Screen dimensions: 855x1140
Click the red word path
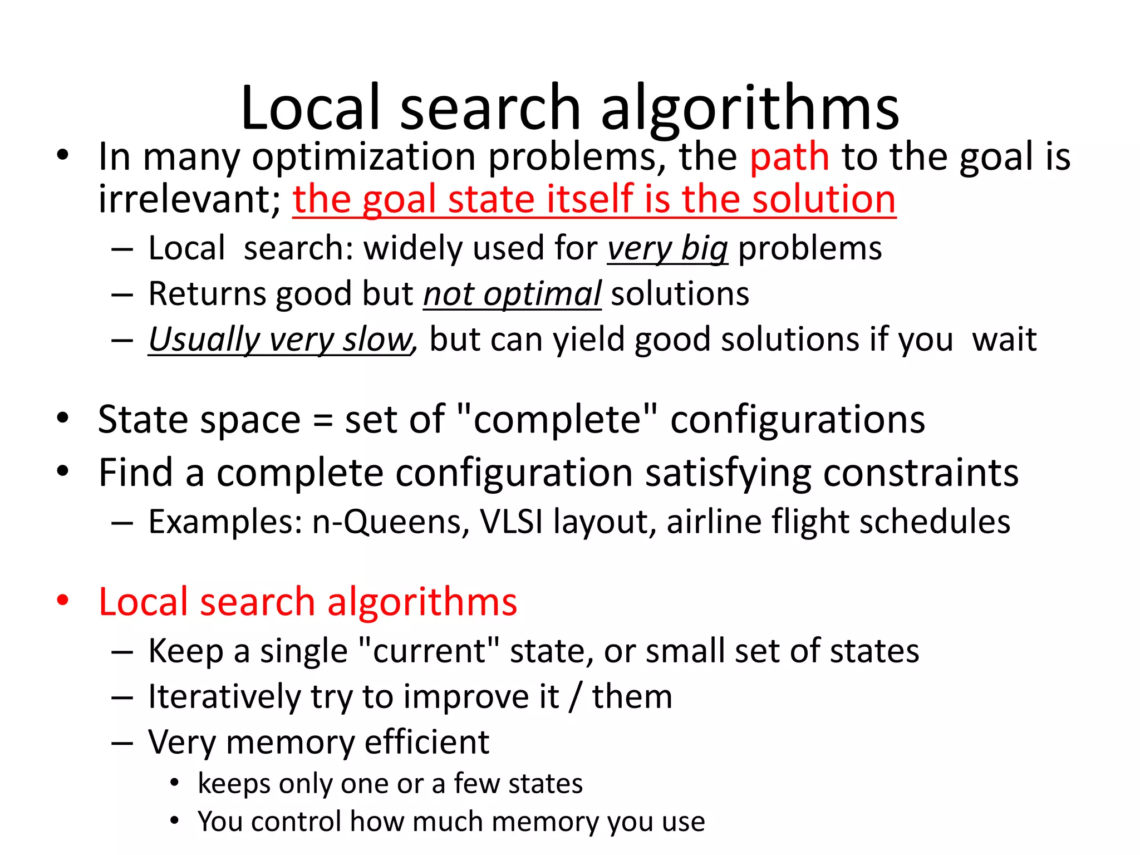[x=789, y=158]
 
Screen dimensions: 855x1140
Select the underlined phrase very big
[x=667, y=248]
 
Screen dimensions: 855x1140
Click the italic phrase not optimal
[x=512, y=294]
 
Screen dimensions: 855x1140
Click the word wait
[x=1004, y=340]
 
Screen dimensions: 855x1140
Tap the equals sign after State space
[x=323, y=420]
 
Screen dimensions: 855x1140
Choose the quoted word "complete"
[x=557, y=419]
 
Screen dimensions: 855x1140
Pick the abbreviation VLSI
[x=511, y=522]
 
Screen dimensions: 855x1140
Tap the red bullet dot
[x=62, y=601]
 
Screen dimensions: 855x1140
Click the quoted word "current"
[x=429, y=651]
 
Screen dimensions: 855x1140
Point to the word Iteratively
[x=224, y=697]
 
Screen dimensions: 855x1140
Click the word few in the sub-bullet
[x=477, y=784]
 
